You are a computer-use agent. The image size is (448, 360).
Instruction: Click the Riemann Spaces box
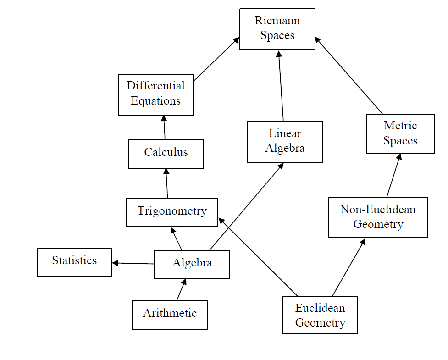pos(277,29)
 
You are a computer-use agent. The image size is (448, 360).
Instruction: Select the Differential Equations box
pos(156,94)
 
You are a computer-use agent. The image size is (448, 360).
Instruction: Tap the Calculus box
pos(166,154)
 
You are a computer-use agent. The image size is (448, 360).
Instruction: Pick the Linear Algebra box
pos(284,142)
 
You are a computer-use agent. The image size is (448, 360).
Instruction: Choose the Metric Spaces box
pos(400,133)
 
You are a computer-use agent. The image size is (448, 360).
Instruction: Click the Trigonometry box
pos(172,212)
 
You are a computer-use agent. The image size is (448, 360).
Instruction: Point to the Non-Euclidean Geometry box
pos(378,217)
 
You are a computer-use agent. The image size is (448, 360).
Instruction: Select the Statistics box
pos(74,262)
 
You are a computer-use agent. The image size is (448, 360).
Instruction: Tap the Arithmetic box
pos(170,315)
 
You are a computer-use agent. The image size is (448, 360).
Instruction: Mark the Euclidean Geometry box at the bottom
pos(320,315)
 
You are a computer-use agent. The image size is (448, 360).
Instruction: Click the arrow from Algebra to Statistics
pos(133,263)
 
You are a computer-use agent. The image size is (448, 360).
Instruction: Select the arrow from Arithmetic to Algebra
pos(181,290)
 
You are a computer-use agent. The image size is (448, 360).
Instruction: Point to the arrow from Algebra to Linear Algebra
pos(246,207)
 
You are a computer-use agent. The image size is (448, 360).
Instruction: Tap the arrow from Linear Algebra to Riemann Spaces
pos(281,85)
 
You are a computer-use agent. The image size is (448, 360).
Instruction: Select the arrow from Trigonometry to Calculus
pos(166,183)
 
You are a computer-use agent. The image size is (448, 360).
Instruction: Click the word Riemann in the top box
pos(277,21)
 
